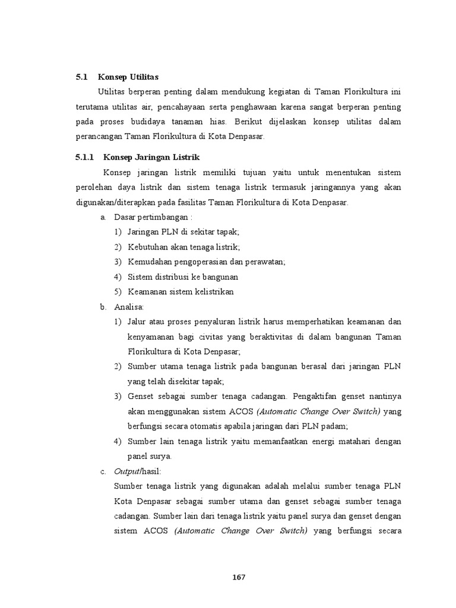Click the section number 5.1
pos(81,77)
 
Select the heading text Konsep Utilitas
pos(128,77)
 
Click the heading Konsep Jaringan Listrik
pos(152,157)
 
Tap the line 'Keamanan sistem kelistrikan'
pos(180,292)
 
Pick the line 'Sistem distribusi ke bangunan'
pos(182,277)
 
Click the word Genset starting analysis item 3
pos(140,397)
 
